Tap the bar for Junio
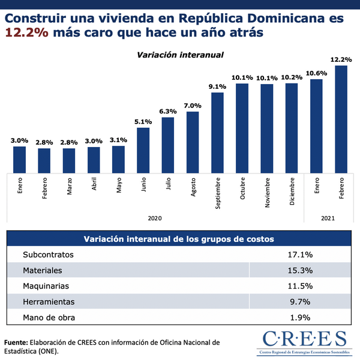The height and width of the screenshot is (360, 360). pos(143,149)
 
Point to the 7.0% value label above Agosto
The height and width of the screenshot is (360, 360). pos(193,106)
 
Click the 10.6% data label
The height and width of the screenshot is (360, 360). pos(316,73)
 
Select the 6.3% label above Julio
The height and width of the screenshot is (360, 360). pos(168,111)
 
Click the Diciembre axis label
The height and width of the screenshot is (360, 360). pos(292,192)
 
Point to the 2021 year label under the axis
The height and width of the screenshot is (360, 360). pos(328,218)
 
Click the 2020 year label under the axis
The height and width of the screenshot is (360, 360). pos(155,218)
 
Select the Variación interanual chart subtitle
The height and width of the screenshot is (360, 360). pos(180,55)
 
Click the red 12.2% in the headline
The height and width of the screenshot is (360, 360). pos(26,34)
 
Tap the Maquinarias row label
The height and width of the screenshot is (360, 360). pos(46,286)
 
